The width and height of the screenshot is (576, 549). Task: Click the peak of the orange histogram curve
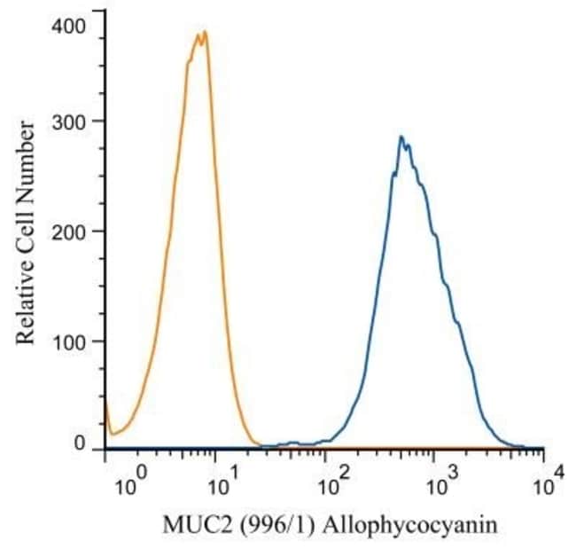coord(205,32)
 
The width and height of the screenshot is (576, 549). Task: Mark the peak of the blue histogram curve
coord(401,137)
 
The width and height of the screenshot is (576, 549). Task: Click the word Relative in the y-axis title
coord(27,303)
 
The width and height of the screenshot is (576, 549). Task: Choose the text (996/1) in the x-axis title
coord(258,525)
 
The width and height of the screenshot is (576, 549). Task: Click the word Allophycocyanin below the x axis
coord(399,526)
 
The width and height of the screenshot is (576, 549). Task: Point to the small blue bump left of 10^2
coord(296,442)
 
